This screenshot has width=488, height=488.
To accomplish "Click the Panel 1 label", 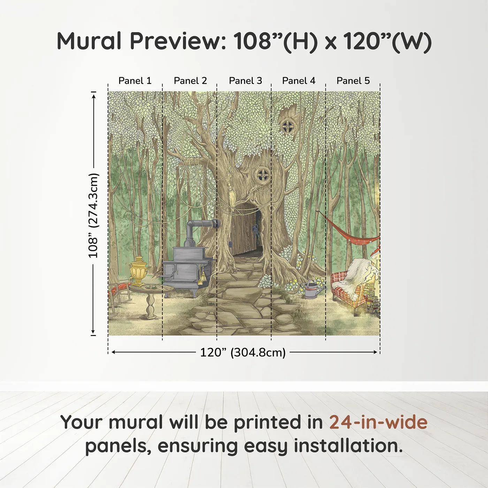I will pos(135,81).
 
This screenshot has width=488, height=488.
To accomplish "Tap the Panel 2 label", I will pos(190,81).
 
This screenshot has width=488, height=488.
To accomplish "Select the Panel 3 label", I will pos(245,81).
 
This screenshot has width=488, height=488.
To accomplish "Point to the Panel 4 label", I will pos(299,81).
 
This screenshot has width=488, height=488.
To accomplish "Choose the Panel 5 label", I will pos(353,81).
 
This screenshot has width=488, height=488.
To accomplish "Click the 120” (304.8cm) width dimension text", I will pos(243,352).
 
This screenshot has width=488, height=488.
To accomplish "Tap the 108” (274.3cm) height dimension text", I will pos(93,215).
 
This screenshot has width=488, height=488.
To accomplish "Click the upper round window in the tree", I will pos(288,126).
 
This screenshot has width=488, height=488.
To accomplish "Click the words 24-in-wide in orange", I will pos(378,422).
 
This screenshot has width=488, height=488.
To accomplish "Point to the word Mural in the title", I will pos(89,41).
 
